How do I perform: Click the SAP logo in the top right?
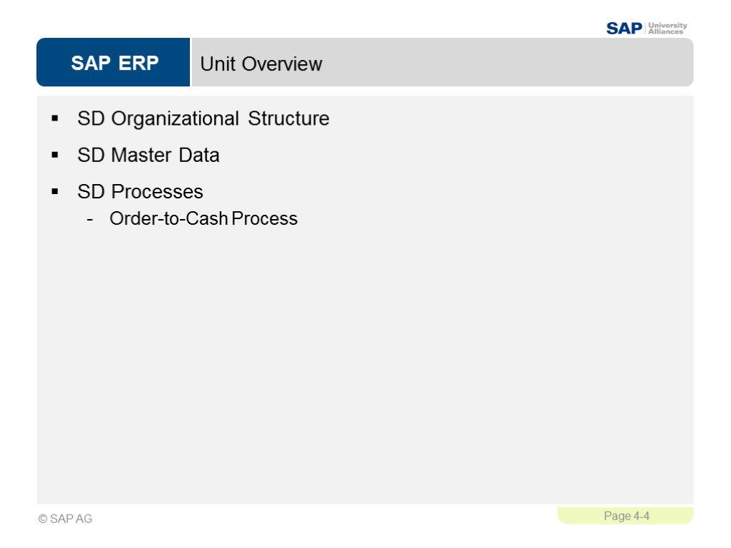(x=624, y=29)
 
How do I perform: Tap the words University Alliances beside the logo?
(x=667, y=29)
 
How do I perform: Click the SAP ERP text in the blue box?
(x=114, y=64)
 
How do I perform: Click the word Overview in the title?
(x=282, y=64)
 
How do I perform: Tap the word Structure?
(x=288, y=118)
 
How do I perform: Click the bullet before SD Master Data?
(x=55, y=155)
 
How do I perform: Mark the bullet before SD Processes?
(x=55, y=191)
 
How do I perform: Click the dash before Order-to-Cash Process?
(x=89, y=219)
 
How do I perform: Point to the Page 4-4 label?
(x=626, y=516)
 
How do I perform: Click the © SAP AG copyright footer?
(x=66, y=519)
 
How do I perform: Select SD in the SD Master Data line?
(x=91, y=156)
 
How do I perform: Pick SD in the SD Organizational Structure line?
(x=91, y=118)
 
